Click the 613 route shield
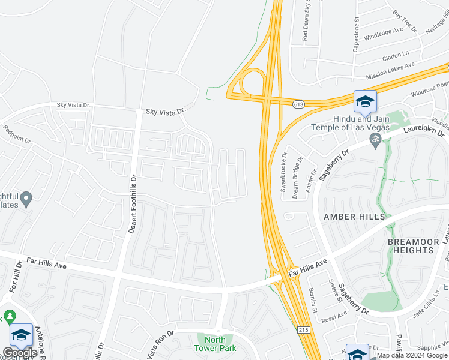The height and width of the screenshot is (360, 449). coord(297,104)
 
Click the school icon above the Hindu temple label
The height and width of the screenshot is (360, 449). coord(364,102)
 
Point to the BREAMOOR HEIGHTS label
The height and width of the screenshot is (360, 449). coord(414,245)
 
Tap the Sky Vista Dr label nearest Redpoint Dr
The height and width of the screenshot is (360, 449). coord(73,105)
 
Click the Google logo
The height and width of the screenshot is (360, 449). coord(19,353)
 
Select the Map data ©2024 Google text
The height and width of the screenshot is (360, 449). coord(412,355)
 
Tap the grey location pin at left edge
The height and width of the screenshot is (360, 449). coord(26,199)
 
